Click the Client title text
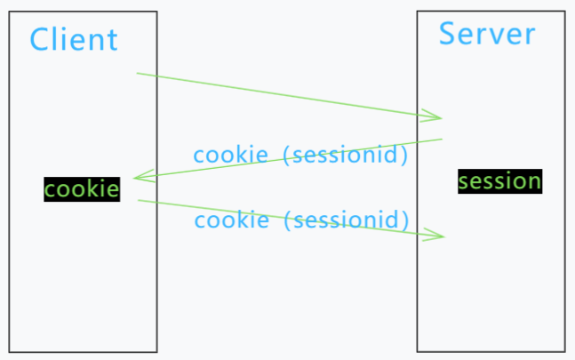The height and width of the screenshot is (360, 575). pyautogui.click(x=74, y=39)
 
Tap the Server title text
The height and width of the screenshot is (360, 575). pyautogui.click(x=487, y=34)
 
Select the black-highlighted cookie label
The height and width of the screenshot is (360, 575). pyautogui.click(x=82, y=189)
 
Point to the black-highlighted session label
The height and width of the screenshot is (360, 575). pyautogui.click(x=499, y=181)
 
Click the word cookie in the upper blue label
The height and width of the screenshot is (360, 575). pyautogui.click(x=231, y=155)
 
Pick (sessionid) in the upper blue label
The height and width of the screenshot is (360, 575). pyautogui.click(x=345, y=156)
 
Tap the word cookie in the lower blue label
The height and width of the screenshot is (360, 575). pyautogui.click(x=231, y=220)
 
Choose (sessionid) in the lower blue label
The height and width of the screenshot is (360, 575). pyautogui.click(x=346, y=220)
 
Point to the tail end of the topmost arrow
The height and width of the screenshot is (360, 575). pyautogui.click(x=138, y=73)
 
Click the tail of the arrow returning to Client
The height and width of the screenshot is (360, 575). pyautogui.click(x=442, y=139)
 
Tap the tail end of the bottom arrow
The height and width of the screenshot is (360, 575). pyautogui.click(x=139, y=200)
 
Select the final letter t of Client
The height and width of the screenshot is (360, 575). pyautogui.click(x=112, y=40)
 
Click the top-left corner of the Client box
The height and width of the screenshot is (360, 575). pyautogui.click(x=10, y=12)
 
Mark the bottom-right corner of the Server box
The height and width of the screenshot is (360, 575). pyautogui.click(x=564, y=351)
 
